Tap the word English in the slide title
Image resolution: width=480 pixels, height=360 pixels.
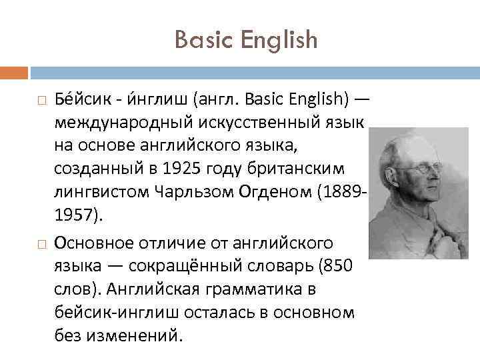[x=279, y=41]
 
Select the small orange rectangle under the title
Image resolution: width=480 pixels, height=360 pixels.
[x=14, y=72]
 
